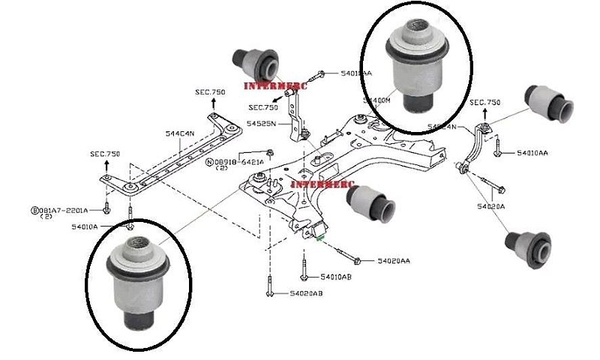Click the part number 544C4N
point(180,133)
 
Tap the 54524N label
point(442,126)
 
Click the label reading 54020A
point(491,205)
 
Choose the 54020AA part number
point(394,261)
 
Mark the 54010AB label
point(337,276)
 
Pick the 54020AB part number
point(306,293)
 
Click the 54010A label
point(85,226)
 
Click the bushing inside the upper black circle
point(415,66)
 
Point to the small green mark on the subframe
point(321,239)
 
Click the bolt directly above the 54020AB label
point(268,285)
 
